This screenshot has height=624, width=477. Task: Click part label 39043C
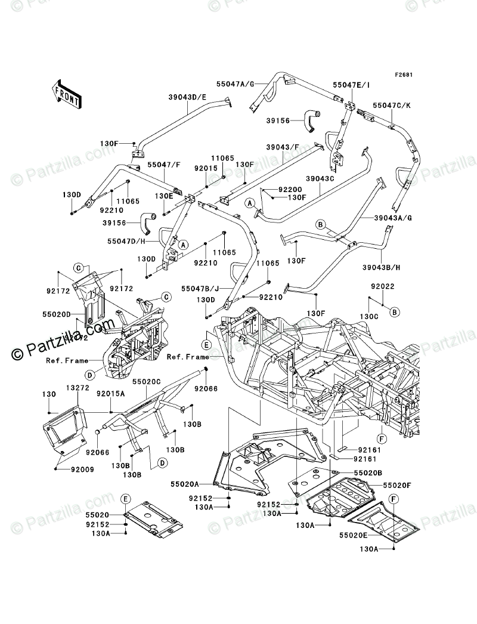pos(322,178)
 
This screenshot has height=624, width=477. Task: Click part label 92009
pos(70,469)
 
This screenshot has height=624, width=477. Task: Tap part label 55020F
pos(398,485)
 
